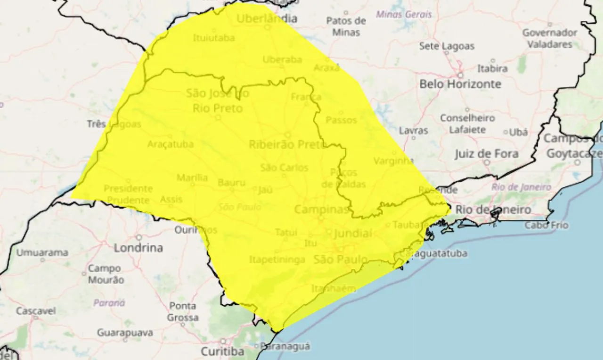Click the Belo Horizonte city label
[460, 84]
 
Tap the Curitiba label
[223, 352]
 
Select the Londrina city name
[139, 248]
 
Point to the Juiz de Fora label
[487, 154]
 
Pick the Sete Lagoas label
[447, 46]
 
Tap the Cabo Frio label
[546, 225]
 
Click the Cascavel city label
[36, 311]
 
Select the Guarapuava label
[125, 333]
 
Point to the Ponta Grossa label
[182, 312]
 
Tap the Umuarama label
[42, 253]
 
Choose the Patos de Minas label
[346, 26]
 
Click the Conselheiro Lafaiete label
[467, 123]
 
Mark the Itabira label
[492, 69]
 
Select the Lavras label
[414, 131]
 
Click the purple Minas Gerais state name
[404, 15]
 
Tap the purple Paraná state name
[109, 303]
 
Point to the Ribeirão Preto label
[287, 144]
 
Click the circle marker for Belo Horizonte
[460, 75]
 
